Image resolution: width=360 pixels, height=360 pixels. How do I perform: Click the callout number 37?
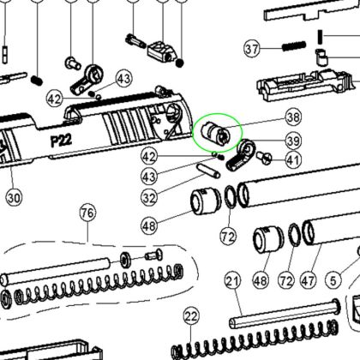point(252,49)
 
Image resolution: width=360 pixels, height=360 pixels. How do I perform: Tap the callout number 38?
point(293,117)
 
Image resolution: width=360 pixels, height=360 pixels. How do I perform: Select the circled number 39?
point(293,141)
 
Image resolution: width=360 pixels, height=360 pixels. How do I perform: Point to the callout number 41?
point(293,160)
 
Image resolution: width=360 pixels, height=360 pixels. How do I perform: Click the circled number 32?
point(149,198)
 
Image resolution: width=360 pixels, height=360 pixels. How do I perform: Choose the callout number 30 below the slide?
point(14,198)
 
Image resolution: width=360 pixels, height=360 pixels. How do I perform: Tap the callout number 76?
point(87,213)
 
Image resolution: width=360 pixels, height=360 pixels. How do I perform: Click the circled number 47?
point(308,280)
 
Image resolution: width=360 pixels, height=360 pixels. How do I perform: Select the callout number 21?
point(232,281)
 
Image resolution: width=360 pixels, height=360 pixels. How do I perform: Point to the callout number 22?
point(190,316)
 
